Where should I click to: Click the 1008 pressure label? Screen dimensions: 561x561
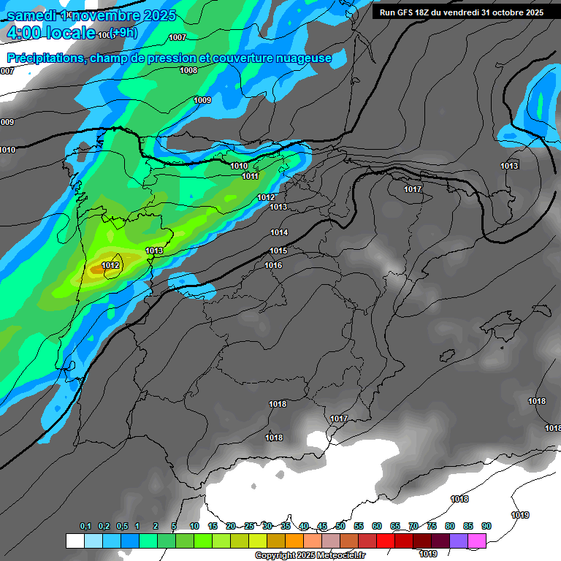coord(188,70)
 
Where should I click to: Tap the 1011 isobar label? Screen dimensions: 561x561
coord(251,176)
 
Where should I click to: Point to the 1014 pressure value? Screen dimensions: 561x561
coord(279,232)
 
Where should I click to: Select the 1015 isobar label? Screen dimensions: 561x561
coord(278,251)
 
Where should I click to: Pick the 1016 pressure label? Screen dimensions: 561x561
coord(273,265)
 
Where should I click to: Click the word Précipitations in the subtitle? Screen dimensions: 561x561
coord(45,58)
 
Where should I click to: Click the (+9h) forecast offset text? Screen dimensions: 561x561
coord(123,33)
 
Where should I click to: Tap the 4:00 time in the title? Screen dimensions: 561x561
coord(24,33)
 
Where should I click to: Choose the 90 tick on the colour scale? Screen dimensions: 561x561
coord(486,526)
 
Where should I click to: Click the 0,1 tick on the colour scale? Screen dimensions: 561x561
coord(85,526)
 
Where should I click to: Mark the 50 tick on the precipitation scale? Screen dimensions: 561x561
coord(340,526)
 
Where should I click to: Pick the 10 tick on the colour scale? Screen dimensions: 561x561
coord(194,526)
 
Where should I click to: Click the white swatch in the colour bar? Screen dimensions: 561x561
coord(75,541)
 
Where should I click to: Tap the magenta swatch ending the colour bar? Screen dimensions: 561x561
coord(477,541)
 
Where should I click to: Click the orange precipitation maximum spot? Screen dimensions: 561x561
coord(96,270)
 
